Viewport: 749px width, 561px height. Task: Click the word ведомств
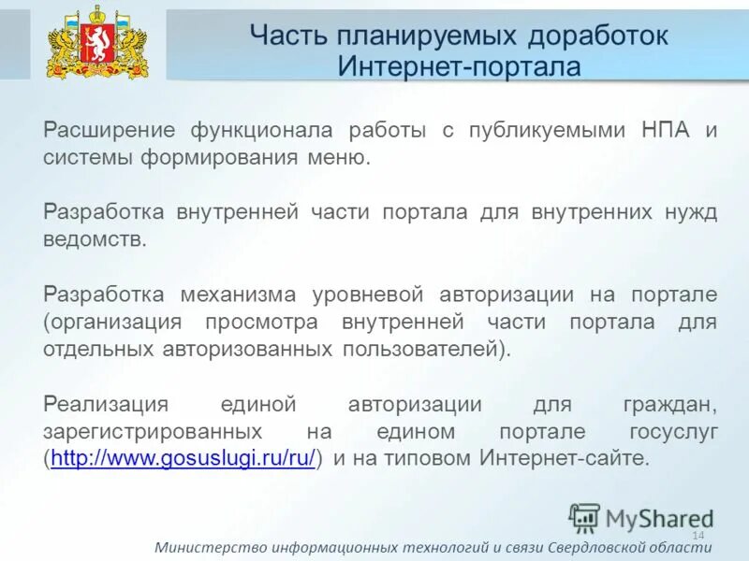point(95,238)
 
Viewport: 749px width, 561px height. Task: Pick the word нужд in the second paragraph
point(694,211)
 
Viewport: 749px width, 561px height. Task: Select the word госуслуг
point(674,432)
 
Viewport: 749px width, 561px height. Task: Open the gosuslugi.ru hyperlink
point(184,459)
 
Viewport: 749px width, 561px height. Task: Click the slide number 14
point(698,534)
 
